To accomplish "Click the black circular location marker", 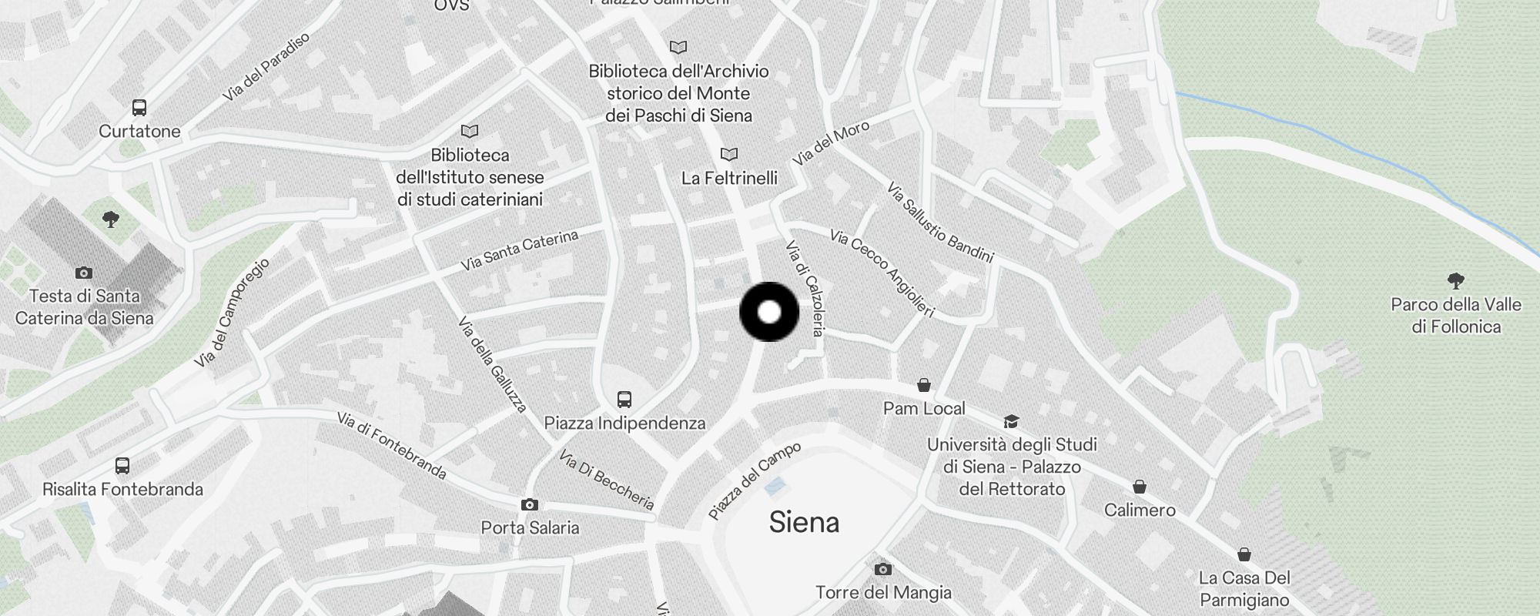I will [769, 312].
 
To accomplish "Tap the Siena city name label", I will [803, 523].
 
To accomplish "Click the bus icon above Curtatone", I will [139, 108].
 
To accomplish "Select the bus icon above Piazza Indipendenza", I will [624, 400].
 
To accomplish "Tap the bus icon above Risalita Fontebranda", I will [122, 466].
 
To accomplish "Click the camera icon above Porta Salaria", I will [530, 505].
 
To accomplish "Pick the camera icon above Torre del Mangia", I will [883, 570].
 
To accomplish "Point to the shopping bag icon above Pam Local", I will [924, 385].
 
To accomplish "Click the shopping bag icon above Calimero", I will [1140, 487].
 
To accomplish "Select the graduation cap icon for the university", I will [1011, 422].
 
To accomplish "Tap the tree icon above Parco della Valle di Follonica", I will [1455, 281].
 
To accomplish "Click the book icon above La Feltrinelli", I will [728, 155].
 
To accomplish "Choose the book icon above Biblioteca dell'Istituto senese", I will [470, 132].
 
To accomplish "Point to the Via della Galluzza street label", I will [492, 364].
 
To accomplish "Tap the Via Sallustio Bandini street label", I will [940, 223].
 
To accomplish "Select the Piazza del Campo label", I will [755, 480].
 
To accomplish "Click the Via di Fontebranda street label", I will [392, 445].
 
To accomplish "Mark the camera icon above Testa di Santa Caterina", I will [84, 273].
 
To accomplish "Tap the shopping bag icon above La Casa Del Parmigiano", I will [1244, 554].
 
